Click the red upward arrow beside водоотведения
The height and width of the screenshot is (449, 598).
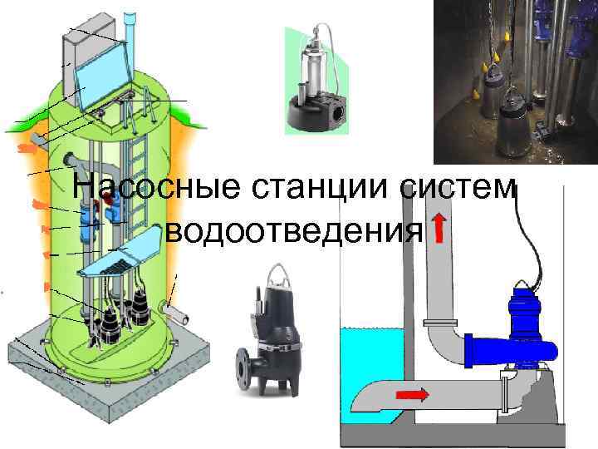(x=438, y=229)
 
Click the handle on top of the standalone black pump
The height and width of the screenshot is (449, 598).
(x=276, y=270)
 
